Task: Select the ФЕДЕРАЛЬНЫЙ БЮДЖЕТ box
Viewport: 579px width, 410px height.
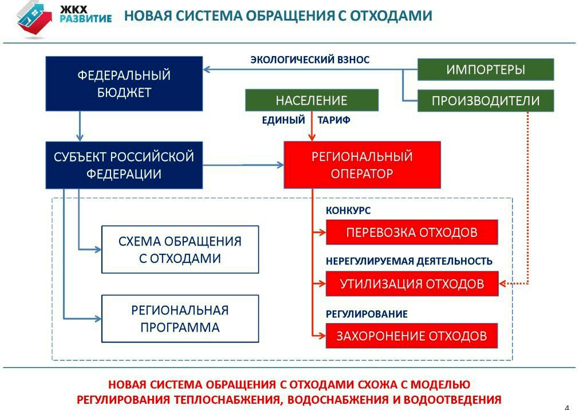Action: (x=124, y=84)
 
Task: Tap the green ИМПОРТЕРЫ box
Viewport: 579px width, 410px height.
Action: (x=486, y=70)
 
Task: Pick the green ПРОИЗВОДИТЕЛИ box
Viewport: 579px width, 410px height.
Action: (x=486, y=101)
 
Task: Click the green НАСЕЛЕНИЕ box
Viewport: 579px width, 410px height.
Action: (x=312, y=100)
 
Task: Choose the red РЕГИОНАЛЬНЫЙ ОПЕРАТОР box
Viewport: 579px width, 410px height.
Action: (x=362, y=165)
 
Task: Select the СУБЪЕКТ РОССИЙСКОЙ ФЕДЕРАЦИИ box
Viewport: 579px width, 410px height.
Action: (x=124, y=165)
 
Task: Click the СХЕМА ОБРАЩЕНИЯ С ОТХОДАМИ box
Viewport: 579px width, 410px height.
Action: (x=180, y=250)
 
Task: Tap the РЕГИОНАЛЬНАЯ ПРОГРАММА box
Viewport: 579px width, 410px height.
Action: (x=180, y=318)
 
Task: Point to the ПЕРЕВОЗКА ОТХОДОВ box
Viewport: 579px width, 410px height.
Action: (x=412, y=232)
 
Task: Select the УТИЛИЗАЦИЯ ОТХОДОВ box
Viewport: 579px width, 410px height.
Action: (x=412, y=283)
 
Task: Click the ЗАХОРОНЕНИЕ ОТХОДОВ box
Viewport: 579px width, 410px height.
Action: (x=412, y=336)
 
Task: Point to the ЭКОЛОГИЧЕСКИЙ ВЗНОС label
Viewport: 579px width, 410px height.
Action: (x=310, y=60)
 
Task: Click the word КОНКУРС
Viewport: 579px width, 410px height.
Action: (x=348, y=211)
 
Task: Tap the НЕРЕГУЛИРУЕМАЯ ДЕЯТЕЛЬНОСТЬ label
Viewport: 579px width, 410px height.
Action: (x=409, y=261)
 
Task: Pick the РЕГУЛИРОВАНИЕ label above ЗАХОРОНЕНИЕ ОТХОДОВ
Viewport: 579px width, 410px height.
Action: (x=367, y=314)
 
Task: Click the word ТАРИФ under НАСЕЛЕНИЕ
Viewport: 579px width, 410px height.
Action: (x=333, y=120)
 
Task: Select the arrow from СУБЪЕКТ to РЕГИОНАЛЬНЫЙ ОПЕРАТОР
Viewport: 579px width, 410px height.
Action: (x=243, y=165)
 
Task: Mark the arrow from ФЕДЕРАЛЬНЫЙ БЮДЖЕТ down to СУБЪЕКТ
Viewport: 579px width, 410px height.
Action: (x=80, y=126)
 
